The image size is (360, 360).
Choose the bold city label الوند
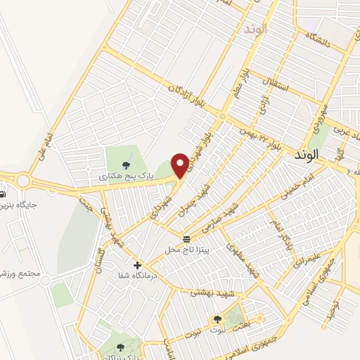pos(307,153)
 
